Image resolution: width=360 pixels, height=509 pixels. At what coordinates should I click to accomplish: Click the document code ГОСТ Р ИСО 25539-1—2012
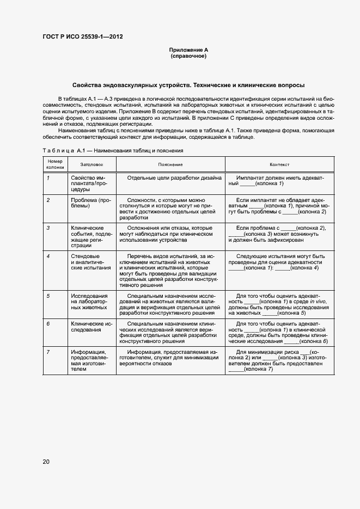coord(82,37)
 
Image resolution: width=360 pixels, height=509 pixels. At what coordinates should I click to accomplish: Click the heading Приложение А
coord(188,50)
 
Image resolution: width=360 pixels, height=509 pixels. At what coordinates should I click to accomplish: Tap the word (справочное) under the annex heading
coord(188,56)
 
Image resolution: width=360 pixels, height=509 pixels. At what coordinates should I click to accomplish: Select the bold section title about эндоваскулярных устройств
coord(188,85)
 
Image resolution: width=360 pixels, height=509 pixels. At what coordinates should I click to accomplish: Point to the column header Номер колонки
coord(56,164)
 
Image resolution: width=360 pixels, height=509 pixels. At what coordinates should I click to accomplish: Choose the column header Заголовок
coord(91,164)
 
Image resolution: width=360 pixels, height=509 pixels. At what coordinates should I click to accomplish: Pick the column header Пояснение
coord(170,164)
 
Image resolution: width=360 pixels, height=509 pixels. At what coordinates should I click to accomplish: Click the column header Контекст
coord(279,164)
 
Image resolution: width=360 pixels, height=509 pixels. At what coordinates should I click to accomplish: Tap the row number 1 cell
coord(48,178)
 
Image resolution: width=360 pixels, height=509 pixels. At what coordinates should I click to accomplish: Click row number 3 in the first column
coord(48,228)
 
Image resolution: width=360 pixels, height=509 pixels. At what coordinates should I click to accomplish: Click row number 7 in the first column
coord(48,352)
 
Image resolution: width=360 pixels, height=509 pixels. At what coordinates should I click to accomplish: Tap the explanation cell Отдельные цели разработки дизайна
coord(174,178)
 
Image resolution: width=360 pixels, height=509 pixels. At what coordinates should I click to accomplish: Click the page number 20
coord(46,462)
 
